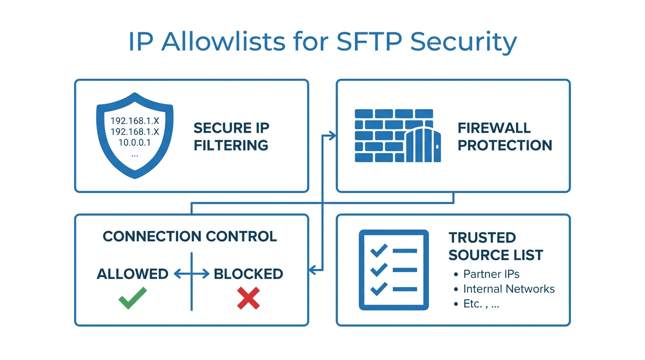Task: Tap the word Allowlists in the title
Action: tap(223, 42)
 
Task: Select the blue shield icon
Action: tap(135, 135)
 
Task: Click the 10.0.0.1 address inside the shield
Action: tap(135, 143)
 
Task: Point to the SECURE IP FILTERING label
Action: tap(231, 136)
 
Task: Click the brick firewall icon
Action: tap(397, 136)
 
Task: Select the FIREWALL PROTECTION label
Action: tap(504, 136)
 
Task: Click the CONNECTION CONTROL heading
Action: tap(190, 236)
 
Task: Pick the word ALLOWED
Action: tap(133, 274)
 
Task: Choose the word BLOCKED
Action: tap(248, 274)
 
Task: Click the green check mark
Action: tap(133, 298)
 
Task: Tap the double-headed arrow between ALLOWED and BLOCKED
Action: tap(191, 274)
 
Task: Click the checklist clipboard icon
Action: tap(394, 270)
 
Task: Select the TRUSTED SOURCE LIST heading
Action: tap(495, 246)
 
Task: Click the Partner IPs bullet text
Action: tap(491, 274)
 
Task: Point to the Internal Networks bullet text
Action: tap(509, 289)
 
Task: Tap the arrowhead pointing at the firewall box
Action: tap(333, 136)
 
